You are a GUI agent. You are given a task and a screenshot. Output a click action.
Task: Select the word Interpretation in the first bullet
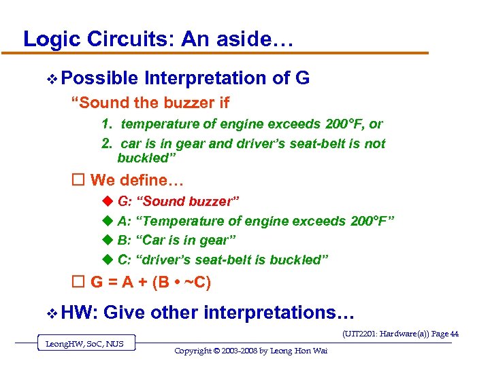(x=206, y=79)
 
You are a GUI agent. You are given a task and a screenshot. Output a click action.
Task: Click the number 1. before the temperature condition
(x=107, y=124)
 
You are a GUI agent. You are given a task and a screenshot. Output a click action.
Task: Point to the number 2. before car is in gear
(x=107, y=144)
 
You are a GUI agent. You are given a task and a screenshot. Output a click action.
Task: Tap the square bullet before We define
(x=78, y=181)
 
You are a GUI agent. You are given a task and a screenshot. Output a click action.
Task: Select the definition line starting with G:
(x=178, y=202)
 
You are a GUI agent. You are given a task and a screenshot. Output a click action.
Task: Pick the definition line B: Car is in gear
(x=177, y=241)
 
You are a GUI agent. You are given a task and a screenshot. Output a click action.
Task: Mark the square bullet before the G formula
(x=78, y=281)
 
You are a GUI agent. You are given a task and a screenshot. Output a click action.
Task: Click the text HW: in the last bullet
(x=80, y=313)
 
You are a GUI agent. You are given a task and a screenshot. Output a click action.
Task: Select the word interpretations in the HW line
(x=278, y=313)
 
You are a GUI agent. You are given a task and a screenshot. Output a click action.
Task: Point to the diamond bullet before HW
(x=51, y=313)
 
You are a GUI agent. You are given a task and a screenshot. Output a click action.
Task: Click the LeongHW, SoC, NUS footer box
(x=85, y=344)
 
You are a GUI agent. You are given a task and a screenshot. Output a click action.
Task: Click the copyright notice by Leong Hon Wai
(x=241, y=351)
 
